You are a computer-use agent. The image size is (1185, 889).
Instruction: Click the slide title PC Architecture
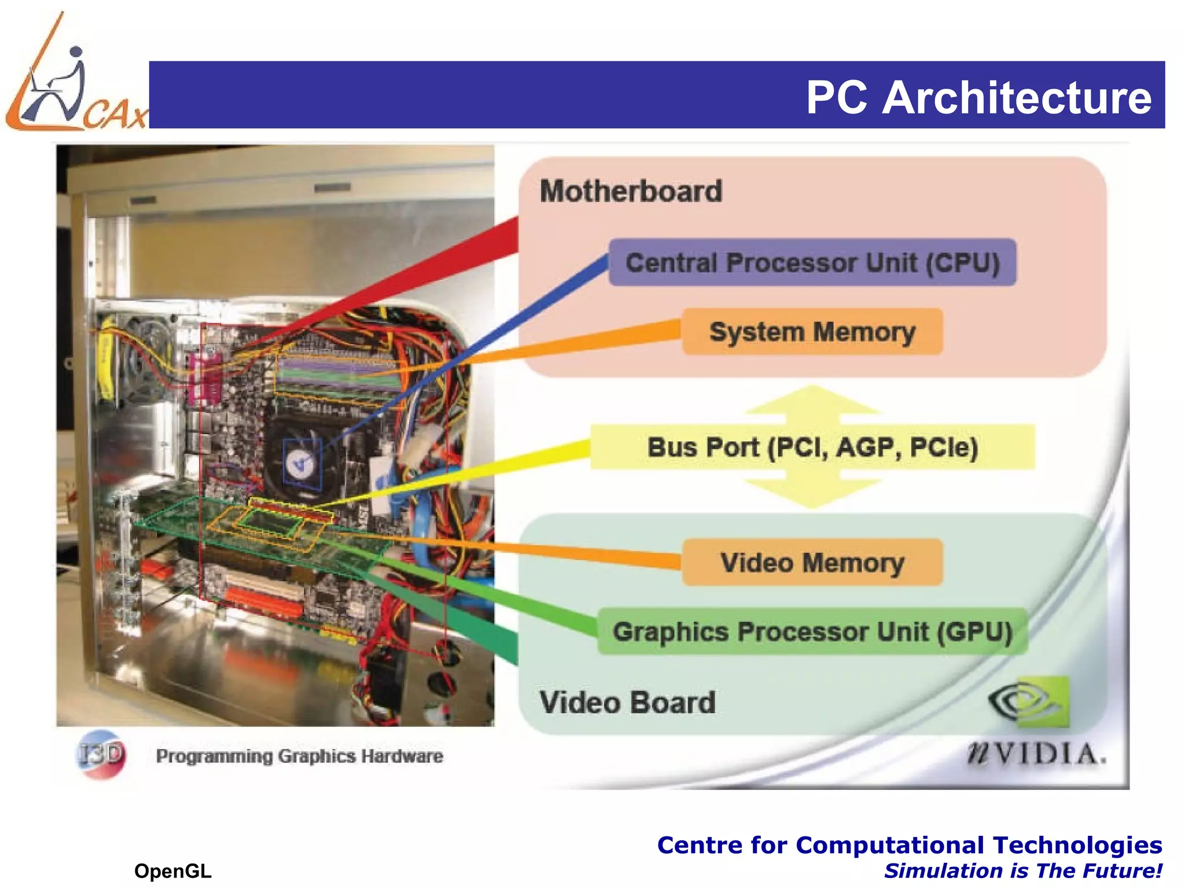[978, 97]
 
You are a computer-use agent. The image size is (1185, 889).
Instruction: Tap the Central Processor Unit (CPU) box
[812, 263]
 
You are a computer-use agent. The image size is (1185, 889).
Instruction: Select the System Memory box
[812, 332]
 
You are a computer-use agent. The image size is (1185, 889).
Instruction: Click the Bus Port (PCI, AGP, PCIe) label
[812, 447]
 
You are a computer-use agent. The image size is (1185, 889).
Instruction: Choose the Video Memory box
[812, 563]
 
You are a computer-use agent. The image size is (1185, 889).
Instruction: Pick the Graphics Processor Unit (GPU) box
[812, 631]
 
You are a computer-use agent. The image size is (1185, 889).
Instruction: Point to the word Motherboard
[631, 191]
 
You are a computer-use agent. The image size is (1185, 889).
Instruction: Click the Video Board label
[627, 702]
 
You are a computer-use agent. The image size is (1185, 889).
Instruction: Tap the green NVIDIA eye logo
[1029, 702]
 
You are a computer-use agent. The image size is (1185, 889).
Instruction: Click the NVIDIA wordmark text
[1036, 754]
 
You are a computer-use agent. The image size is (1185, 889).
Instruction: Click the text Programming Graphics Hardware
[299, 756]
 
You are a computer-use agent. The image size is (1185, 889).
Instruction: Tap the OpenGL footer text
[172, 871]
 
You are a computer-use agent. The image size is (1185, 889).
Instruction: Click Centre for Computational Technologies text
[909, 845]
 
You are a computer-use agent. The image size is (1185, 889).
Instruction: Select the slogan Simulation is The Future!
[1022, 871]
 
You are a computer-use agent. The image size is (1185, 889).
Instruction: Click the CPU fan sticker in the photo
[302, 463]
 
